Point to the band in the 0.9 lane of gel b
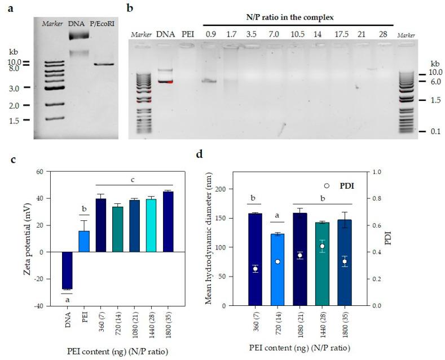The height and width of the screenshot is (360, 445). (209, 81)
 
